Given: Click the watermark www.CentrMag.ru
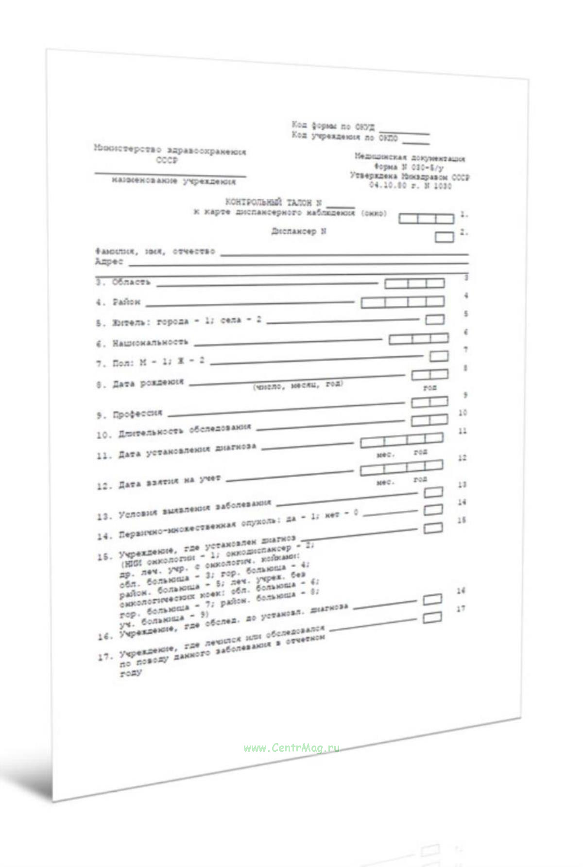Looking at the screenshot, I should [x=291, y=748].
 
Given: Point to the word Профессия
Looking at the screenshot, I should [x=137, y=414].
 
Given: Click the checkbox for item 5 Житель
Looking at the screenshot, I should [x=435, y=319].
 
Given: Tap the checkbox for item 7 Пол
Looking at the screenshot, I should [x=439, y=356].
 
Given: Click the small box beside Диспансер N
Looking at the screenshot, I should [x=444, y=237].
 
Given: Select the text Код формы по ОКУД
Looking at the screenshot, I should [x=333, y=126].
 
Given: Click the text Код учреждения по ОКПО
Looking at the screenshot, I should [x=344, y=137].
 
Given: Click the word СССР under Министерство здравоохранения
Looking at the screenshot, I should [x=167, y=161].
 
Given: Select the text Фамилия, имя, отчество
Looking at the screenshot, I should [x=154, y=252].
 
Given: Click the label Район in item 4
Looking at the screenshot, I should [x=126, y=302].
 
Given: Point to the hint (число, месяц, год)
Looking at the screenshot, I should [x=297, y=385].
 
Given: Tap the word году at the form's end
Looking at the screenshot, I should [x=130, y=673].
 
